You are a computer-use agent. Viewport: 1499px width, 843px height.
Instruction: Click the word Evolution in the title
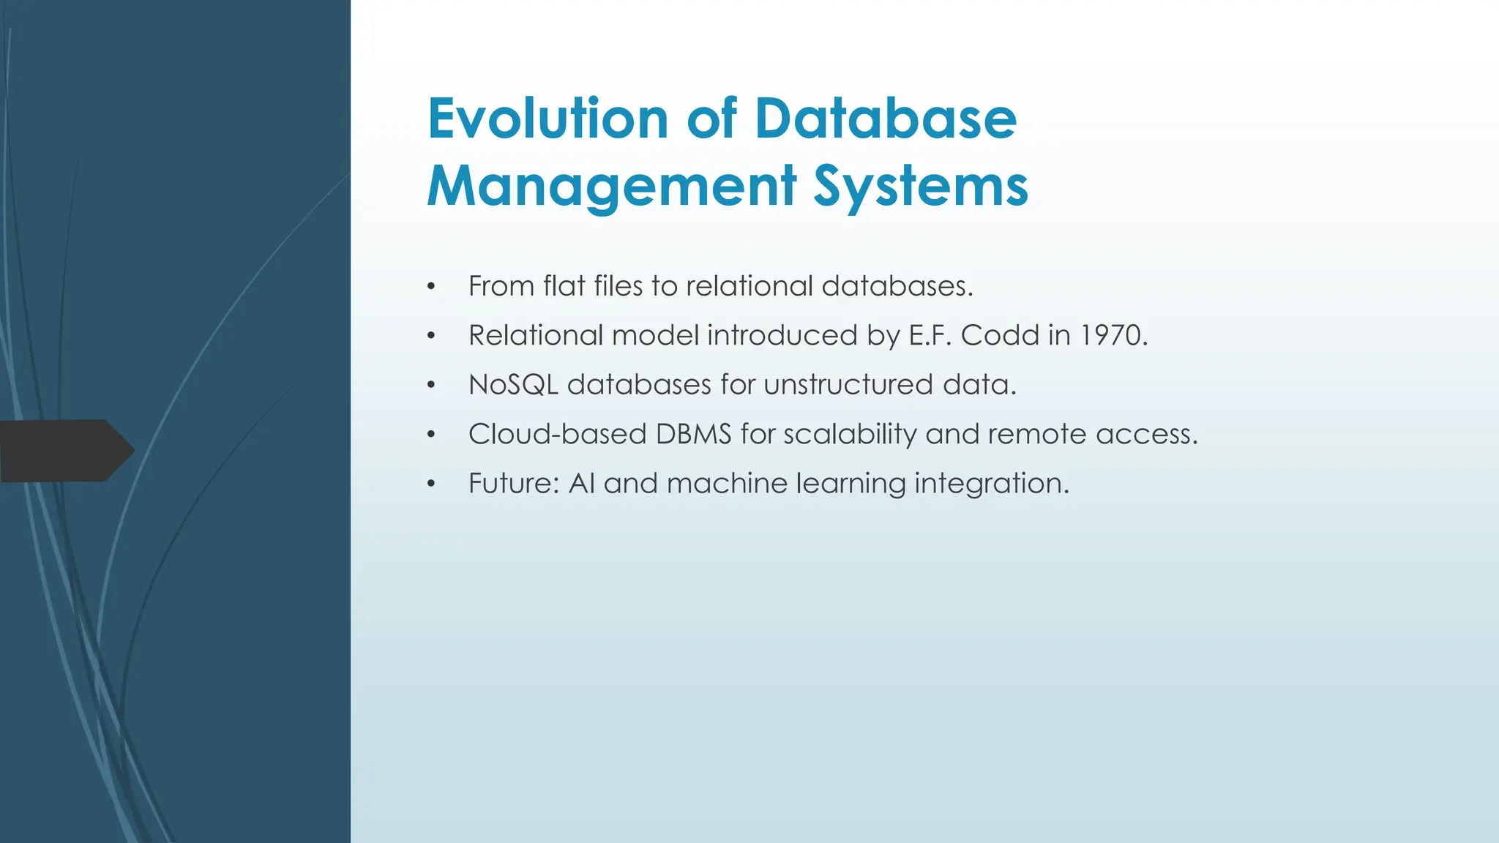point(547,119)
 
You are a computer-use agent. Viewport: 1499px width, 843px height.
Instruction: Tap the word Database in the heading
point(886,119)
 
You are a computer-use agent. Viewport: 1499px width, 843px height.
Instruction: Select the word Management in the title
point(612,186)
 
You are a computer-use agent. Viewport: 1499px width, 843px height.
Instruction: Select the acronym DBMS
point(693,434)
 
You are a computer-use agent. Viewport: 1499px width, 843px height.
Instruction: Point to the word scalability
point(850,435)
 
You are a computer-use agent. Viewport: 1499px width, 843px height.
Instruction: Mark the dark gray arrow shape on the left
point(66,450)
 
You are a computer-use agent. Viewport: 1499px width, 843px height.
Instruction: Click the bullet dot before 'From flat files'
point(432,287)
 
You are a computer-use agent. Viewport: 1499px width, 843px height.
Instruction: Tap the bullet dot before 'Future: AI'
point(432,484)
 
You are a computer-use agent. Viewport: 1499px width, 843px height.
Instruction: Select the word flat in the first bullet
point(564,285)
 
